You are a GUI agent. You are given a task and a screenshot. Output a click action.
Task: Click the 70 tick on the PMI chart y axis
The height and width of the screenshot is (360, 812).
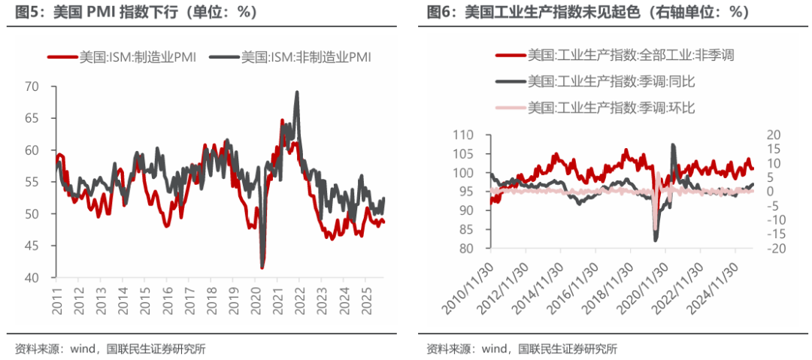(32, 86)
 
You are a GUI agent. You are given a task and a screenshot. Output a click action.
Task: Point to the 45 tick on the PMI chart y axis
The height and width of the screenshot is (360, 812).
(32, 246)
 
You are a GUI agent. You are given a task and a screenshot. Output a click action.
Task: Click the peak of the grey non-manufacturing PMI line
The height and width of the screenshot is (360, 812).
(297, 92)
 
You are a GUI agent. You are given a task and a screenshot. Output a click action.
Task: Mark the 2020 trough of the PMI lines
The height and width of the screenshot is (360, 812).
(262, 267)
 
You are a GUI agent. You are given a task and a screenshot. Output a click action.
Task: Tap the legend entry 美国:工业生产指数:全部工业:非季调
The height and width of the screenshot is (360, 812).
(631, 55)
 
